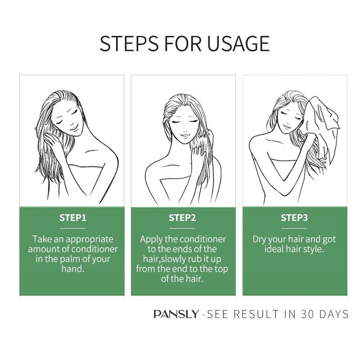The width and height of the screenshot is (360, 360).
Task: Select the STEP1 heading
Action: pyautogui.click(x=72, y=218)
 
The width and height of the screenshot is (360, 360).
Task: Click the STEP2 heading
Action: pyautogui.click(x=182, y=218)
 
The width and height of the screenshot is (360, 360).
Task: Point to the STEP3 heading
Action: pyautogui.click(x=294, y=218)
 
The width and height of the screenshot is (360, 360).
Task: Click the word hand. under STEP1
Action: pyautogui.click(x=72, y=269)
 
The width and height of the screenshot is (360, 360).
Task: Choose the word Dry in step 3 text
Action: pyautogui.click(x=260, y=239)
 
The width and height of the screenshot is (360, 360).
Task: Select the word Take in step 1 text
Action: pyautogui.click(x=42, y=239)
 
